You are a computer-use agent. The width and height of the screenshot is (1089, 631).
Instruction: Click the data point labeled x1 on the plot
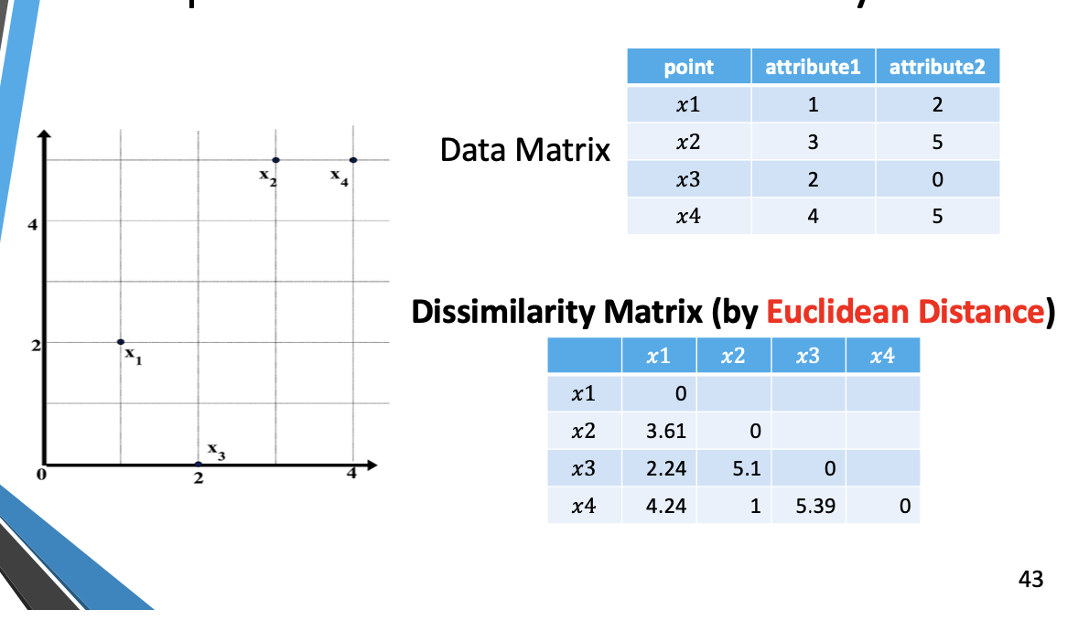pyautogui.click(x=121, y=342)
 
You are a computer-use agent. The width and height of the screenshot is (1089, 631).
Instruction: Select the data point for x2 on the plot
pyautogui.click(x=275, y=160)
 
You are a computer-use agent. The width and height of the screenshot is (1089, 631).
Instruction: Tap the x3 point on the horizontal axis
pyautogui.click(x=199, y=465)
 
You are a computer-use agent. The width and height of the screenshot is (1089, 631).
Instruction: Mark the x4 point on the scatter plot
pyautogui.click(x=353, y=160)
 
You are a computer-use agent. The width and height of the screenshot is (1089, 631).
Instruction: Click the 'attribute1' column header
pyautogui.click(x=813, y=67)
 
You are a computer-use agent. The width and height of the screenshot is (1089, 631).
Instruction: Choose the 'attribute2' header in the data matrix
pyautogui.click(x=937, y=67)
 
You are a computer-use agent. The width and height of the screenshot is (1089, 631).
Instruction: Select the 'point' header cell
pyautogui.click(x=688, y=67)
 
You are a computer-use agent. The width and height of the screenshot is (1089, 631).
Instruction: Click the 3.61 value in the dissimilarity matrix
pyautogui.click(x=666, y=431)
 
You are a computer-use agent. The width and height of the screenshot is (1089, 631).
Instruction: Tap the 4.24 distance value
pyautogui.click(x=666, y=506)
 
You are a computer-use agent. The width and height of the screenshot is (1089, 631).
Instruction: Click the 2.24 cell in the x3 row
pyautogui.click(x=666, y=468)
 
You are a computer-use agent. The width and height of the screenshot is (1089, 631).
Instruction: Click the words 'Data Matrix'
pyautogui.click(x=524, y=149)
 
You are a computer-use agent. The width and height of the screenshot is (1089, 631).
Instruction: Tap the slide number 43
pyautogui.click(x=1030, y=579)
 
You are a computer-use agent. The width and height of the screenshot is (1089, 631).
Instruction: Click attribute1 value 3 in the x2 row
pyautogui.click(x=813, y=142)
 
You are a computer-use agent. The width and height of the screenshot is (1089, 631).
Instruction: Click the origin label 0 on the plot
pyautogui.click(x=40, y=475)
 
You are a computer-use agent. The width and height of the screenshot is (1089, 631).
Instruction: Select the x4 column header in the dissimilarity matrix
pyautogui.click(x=882, y=357)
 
